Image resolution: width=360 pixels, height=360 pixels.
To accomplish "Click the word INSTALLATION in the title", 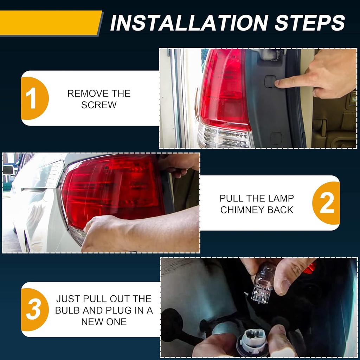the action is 189,23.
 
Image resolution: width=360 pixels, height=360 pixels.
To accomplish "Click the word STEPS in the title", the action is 310,23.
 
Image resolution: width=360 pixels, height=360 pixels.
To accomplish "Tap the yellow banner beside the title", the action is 51,23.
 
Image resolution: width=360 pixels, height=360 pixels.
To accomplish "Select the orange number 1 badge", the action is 34,98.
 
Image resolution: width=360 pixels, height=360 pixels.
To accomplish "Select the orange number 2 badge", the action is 326,203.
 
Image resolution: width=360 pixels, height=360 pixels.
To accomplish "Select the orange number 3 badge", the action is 34,309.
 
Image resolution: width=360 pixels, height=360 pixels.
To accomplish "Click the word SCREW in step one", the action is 99,105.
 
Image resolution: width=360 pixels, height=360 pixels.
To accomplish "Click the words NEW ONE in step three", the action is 104,322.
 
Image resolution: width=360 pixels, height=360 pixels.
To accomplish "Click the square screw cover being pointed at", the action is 270,82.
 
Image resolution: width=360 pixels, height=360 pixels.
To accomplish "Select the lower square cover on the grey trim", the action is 276,138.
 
